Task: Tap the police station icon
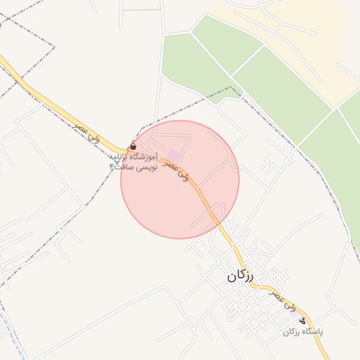[x=302, y=320]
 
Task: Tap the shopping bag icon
[x=134, y=147]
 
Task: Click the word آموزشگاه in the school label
[x=142, y=156]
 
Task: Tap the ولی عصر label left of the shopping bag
[x=88, y=131]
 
